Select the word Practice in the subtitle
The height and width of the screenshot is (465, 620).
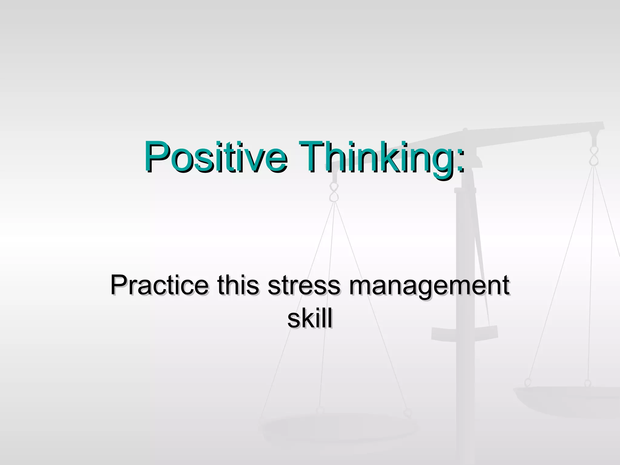(159, 285)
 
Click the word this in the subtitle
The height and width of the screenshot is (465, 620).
(238, 285)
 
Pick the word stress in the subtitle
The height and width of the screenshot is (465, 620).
(304, 285)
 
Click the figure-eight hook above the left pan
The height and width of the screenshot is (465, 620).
(334, 193)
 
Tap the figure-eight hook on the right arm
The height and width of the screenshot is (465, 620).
(594, 156)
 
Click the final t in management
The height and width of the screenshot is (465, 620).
(505, 285)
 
